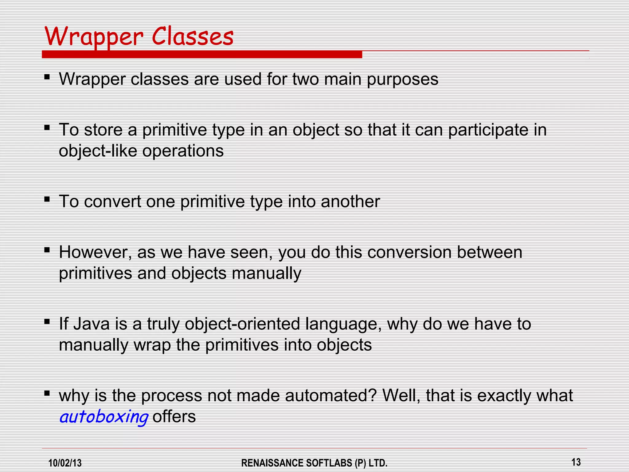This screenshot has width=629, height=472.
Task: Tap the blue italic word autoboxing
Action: click(104, 417)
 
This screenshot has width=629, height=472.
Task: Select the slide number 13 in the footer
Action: click(576, 462)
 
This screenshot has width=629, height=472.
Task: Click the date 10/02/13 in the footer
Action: click(65, 463)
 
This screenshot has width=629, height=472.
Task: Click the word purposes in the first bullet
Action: click(403, 80)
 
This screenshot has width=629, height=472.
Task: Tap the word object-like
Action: click(98, 151)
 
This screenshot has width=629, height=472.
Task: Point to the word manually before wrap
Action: click(94, 345)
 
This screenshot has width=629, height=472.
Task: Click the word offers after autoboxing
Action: click(174, 417)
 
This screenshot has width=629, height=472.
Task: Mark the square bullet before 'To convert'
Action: click(47, 199)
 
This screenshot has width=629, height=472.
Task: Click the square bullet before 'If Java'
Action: click(47, 322)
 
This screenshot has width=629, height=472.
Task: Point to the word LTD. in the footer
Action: click(378, 463)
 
